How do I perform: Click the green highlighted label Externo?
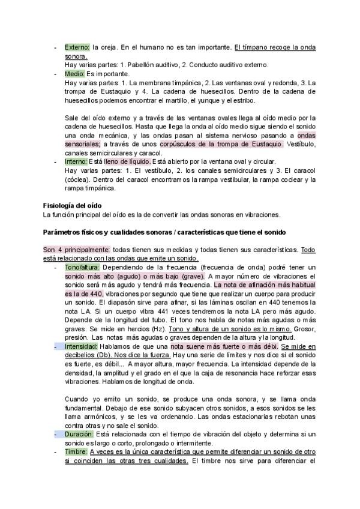pyautogui.click(x=77, y=47)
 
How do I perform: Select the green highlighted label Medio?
pyautogui.click(x=75, y=74)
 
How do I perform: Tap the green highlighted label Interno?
pyautogui.click(x=76, y=161)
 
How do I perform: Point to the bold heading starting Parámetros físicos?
pyautogui.click(x=164, y=232)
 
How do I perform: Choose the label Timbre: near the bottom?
pyautogui.click(x=76, y=451)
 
